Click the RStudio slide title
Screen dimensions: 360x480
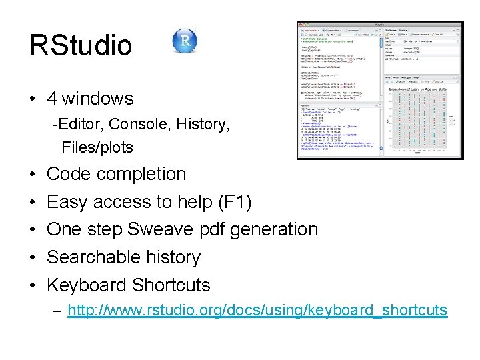click(x=81, y=46)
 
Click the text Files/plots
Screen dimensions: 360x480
click(x=97, y=147)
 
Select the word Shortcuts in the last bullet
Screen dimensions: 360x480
click(x=171, y=285)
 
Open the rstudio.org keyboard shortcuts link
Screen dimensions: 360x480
click(x=257, y=311)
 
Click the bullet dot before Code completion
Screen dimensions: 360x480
click(x=33, y=175)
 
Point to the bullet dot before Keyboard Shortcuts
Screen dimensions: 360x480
click(x=33, y=285)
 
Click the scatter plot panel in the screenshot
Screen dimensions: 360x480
click(x=421, y=116)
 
